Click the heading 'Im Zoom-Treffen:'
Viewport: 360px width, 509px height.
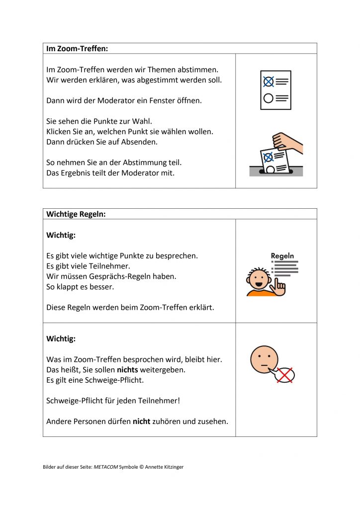[x=77, y=49]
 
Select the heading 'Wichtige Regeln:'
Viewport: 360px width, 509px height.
[x=76, y=214]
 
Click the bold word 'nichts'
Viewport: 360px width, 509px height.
[x=127, y=370]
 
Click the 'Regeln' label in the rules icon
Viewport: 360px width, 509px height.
[x=282, y=256]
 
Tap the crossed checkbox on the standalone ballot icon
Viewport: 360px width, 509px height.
[x=269, y=82]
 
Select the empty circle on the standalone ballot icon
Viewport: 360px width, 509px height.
[x=269, y=98]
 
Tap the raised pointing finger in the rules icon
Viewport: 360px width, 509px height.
[x=281, y=285]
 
